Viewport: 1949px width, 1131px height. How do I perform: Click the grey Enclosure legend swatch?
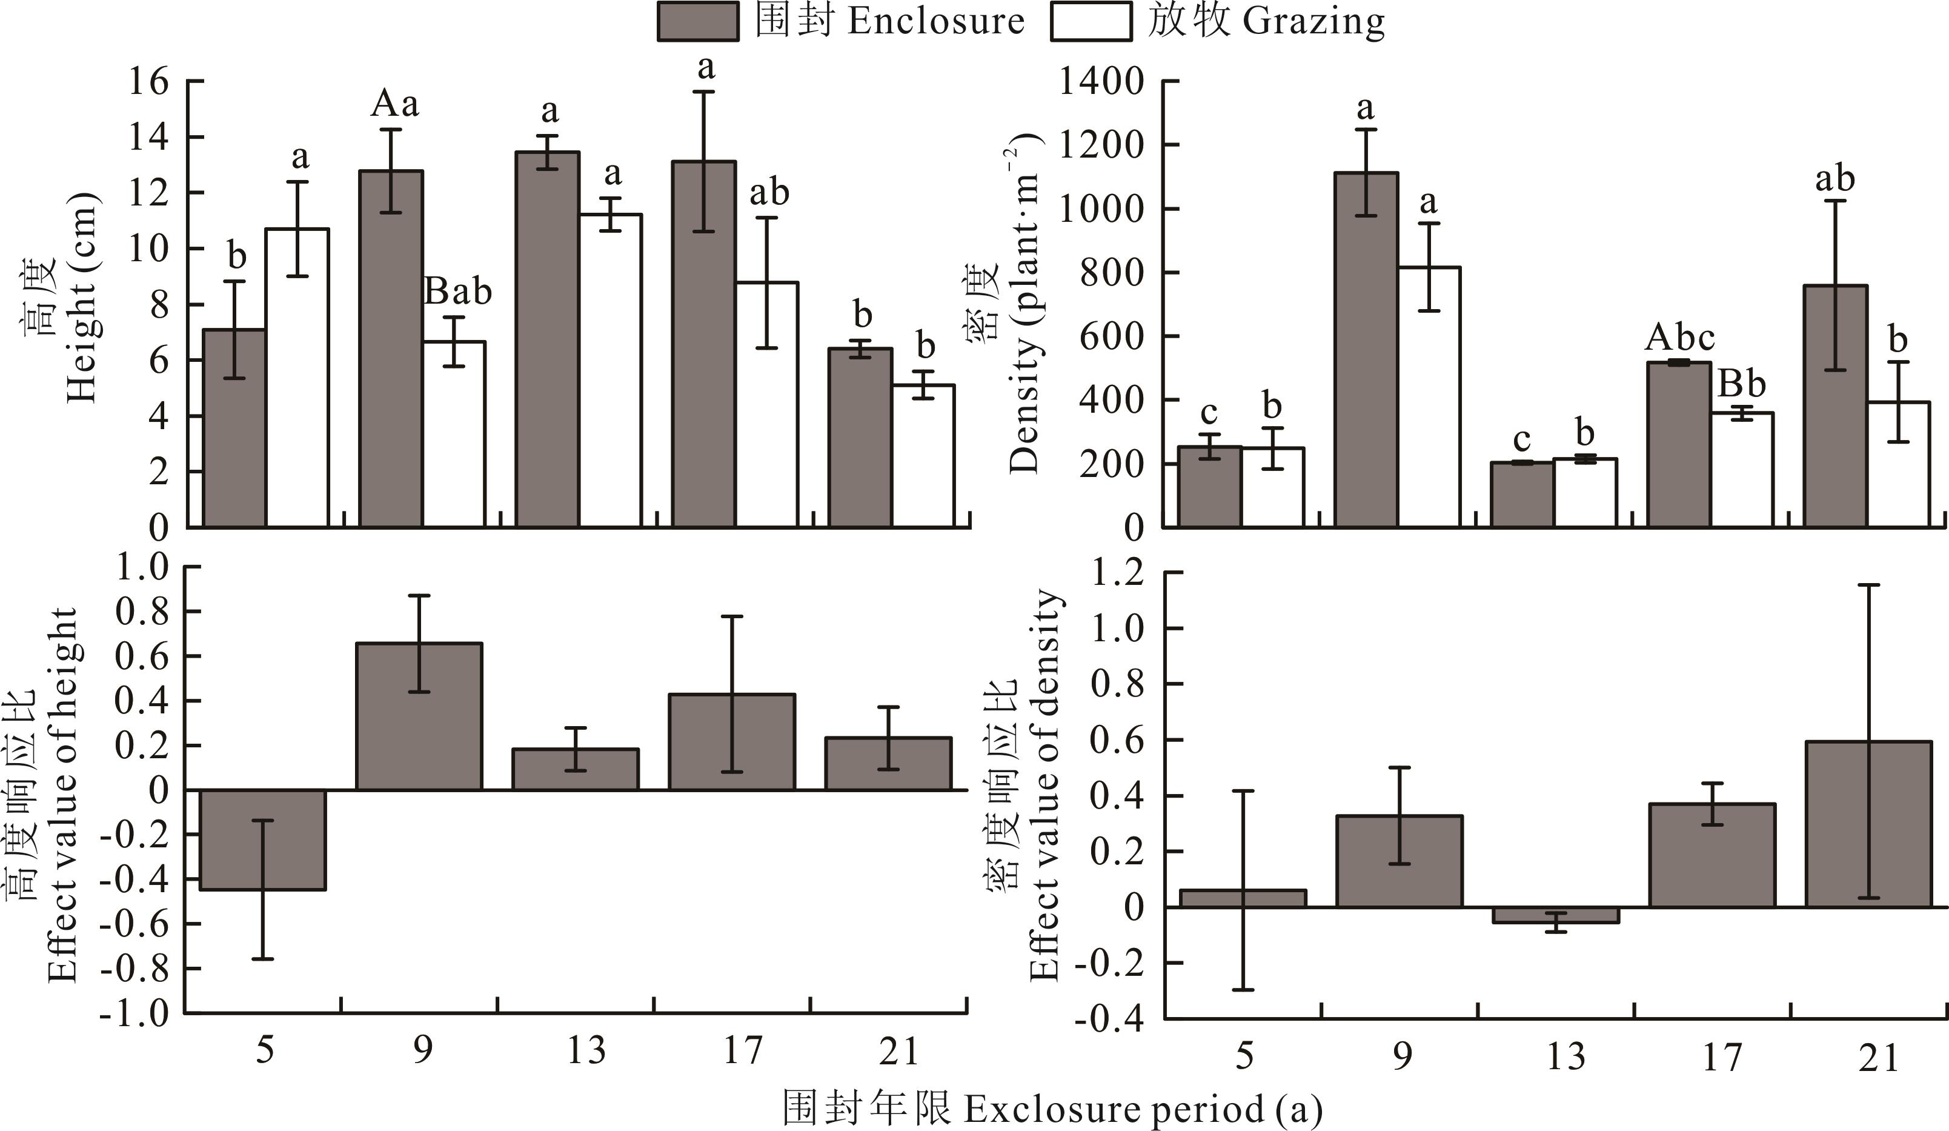697,21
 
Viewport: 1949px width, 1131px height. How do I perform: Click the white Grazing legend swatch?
1091,21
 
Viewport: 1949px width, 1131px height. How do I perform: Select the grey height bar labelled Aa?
391,348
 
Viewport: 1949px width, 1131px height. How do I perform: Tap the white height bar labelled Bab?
455,433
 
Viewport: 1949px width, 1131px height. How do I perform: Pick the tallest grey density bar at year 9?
1367,348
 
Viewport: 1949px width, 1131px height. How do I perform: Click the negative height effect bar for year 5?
263,839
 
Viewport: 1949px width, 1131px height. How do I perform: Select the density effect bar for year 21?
1867,824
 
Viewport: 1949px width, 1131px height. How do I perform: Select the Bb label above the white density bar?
1742,384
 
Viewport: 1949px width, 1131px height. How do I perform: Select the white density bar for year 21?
1899,464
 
